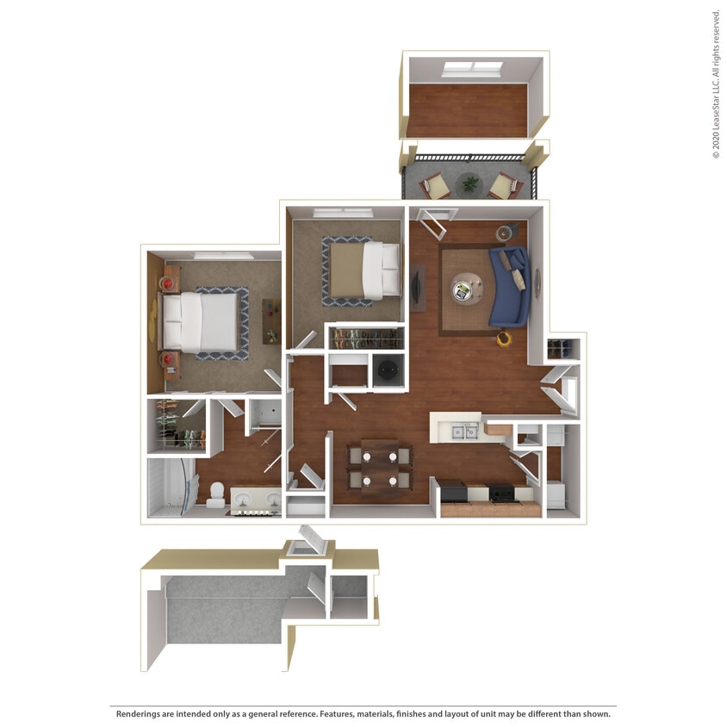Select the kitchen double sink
tap(465, 431)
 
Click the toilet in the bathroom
tap(216, 494)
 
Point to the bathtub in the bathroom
tap(171, 488)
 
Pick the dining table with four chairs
tap(380, 466)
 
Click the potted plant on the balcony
tap(470, 183)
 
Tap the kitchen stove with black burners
tap(501, 494)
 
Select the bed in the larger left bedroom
tap(200, 322)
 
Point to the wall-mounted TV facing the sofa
tap(417, 288)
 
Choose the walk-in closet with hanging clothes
tap(177, 424)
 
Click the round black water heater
tap(388, 370)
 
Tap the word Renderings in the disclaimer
tap(140, 714)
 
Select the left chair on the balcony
tap(435, 184)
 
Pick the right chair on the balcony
tap(503, 184)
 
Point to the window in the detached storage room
tap(472, 67)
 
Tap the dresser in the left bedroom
tap(271, 321)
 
